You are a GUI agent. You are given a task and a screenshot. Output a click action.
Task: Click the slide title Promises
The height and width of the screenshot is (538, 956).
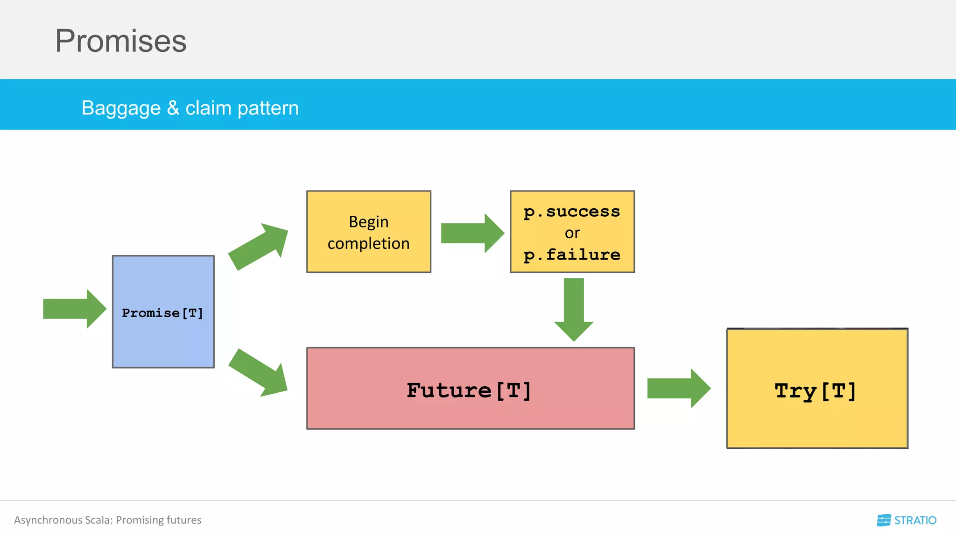[120, 41]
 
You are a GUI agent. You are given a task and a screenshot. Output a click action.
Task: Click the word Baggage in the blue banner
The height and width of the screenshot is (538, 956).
[121, 108]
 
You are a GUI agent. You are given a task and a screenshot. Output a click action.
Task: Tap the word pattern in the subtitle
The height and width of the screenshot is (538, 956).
[268, 108]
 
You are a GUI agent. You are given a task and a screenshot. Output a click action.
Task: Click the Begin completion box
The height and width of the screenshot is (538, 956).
[368, 232]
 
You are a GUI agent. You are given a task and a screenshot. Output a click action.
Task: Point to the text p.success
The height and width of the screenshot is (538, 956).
[572, 212]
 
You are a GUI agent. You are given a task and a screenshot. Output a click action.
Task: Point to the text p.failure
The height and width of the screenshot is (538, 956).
[572, 255]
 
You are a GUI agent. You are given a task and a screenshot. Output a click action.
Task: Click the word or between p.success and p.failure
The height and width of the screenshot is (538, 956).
[572, 233]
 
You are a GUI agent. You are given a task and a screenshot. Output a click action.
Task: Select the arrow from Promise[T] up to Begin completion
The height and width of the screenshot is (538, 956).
[259, 246]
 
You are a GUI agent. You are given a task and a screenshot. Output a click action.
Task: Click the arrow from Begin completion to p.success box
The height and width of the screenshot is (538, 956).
[472, 233]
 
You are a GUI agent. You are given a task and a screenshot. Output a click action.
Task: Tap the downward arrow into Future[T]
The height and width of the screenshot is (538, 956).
[574, 310]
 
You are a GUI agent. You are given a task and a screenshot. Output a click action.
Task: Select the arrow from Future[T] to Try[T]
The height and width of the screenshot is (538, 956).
[678, 388]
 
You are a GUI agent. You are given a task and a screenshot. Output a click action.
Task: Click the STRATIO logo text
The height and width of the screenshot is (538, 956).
[915, 520]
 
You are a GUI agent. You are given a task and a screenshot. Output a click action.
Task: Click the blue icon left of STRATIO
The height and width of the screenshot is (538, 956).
[884, 520]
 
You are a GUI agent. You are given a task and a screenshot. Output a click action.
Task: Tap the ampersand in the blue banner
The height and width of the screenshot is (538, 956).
[173, 108]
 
